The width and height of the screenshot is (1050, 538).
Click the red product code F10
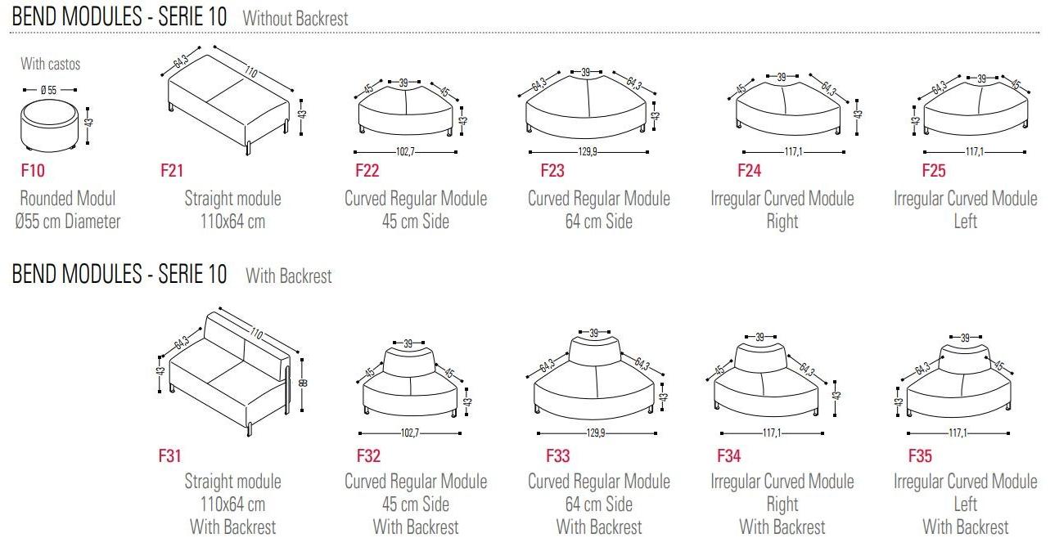[33, 170]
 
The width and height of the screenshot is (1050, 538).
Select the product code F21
[172, 170]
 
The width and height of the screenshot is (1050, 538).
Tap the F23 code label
[552, 170]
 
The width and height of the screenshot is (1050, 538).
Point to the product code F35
[920, 455]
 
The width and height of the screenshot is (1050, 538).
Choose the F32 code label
[368, 455]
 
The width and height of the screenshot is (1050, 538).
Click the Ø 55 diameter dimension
[48, 90]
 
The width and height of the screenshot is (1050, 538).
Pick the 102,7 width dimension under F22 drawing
[405, 152]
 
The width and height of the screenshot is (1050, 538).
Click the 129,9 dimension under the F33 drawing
[595, 433]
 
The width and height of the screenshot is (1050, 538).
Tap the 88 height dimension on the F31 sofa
[303, 383]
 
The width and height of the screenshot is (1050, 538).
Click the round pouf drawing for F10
[49, 125]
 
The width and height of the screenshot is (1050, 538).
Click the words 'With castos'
[50, 64]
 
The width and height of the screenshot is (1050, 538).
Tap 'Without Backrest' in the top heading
[295, 19]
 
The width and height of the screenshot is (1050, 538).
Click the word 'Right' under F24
[782, 222]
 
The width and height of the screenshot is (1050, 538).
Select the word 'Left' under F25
[965, 222]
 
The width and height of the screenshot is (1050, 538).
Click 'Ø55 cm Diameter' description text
[67, 222]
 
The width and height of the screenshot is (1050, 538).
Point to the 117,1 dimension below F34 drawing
[772, 433]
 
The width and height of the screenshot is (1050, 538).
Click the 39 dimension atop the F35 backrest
[965, 337]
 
